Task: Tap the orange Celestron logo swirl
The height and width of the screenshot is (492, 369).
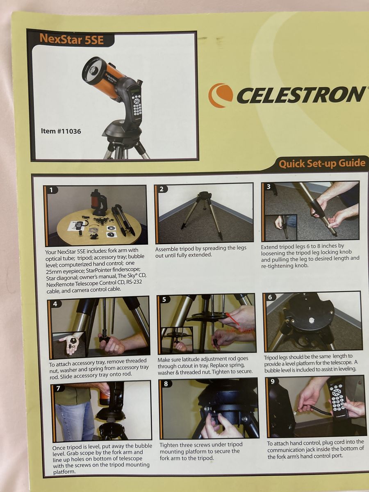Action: (x=220, y=95)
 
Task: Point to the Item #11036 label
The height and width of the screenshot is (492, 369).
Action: (x=61, y=132)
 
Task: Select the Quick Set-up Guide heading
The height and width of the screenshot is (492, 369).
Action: (x=322, y=164)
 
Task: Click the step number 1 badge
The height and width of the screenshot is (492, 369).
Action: (x=52, y=190)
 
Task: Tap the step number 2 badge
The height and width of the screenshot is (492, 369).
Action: (x=162, y=189)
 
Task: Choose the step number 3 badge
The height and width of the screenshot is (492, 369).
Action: (x=269, y=187)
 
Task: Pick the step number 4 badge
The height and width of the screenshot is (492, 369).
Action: (x=55, y=304)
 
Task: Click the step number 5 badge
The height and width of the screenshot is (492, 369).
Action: (x=164, y=300)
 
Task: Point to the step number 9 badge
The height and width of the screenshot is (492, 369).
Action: (x=272, y=381)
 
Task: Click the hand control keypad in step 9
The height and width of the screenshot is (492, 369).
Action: (x=338, y=396)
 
